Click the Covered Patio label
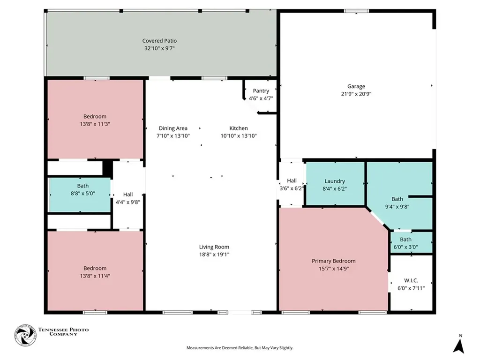coord(159,41)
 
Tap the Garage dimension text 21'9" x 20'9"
coord(356,94)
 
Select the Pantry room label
coord(261,91)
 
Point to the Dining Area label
coord(173,128)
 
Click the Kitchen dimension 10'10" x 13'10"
coord(239,136)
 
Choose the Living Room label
coord(214,247)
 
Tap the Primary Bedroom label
coord(334,261)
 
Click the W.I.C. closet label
coord(411,280)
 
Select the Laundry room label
coord(335,181)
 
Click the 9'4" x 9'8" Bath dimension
coord(397,207)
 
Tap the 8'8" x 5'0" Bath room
coord(80,195)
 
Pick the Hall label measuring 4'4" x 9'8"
coord(128,195)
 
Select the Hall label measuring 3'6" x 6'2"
coord(292,181)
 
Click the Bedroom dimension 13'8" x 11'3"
coord(95,124)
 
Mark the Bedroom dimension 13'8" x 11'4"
coord(95,276)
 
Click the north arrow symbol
coord(458,344)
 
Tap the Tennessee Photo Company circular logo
coord(25,336)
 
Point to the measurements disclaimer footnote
coord(240,348)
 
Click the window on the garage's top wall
coord(356,11)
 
